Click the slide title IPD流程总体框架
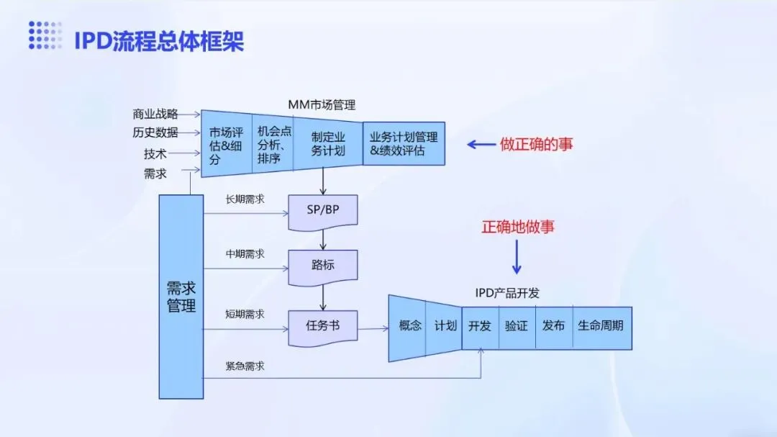(x=159, y=40)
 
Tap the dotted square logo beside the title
(x=45, y=36)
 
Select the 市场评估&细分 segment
(x=225, y=145)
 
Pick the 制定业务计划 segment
(x=327, y=143)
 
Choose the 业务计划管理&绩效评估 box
(x=404, y=143)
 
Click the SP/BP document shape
(x=323, y=211)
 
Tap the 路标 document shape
(x=323, y=266)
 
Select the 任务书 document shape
(x=323, y=326)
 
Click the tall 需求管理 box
(x=181, y=297)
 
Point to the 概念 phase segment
(x=409, y=325)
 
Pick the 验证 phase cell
(x=517, y=325)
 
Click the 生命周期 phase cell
(x=601, y=325)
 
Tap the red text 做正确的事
(x=537, y=144)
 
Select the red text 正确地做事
(x=518, y=227)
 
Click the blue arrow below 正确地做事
(x=517, y=257)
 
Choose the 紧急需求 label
(x=245, y=366)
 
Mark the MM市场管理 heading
(x=322, y=105)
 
